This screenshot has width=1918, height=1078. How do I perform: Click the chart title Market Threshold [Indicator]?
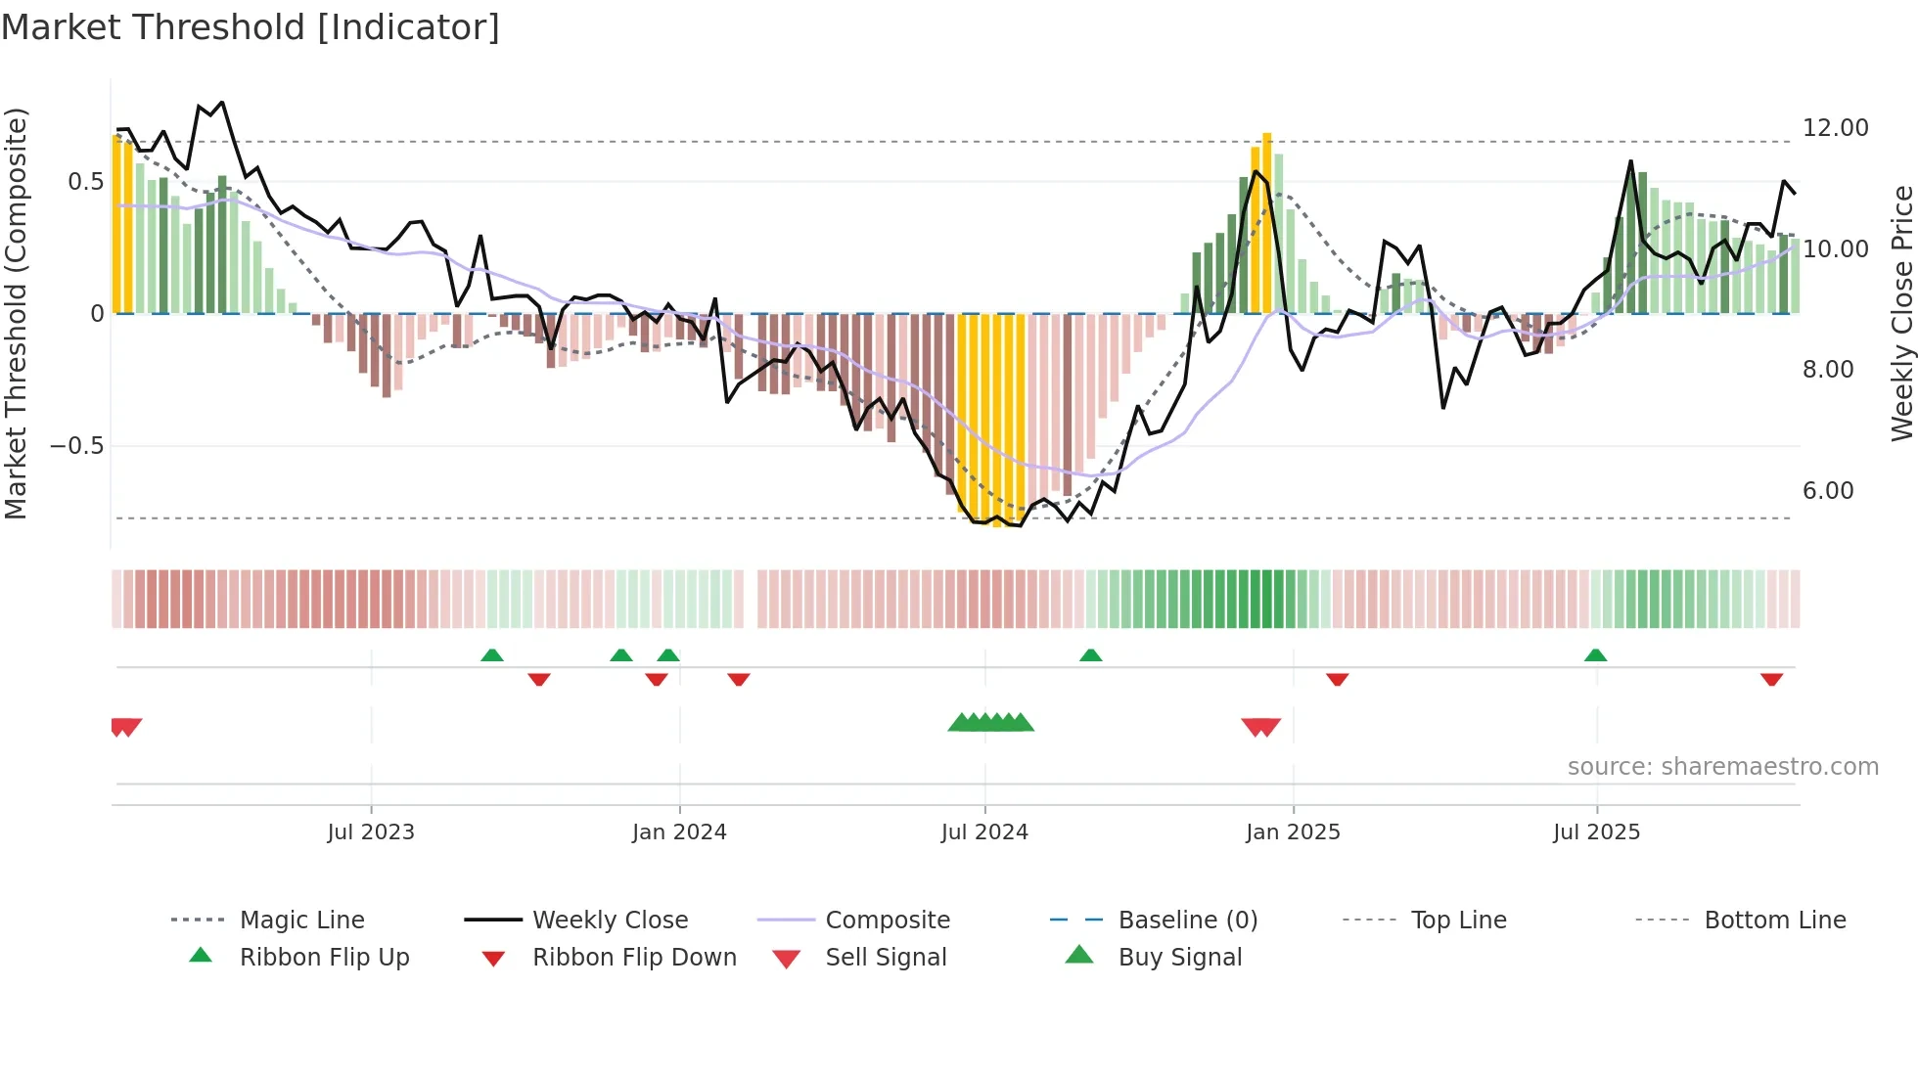pos(251,27)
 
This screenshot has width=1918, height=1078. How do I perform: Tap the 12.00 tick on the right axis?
pos(1835,128)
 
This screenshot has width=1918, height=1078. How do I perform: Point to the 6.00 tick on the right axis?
pos(1827,491)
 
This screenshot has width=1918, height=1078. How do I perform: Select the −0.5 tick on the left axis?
pos(76,446)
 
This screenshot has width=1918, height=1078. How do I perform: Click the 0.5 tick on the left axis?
pos(85,182)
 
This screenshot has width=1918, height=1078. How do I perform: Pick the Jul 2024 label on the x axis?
pos(984,832)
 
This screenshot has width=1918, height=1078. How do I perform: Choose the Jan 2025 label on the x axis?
pos(1293,832)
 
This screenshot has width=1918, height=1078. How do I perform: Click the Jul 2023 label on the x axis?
pos(371,832)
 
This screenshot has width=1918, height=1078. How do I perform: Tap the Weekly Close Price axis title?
pos(1901,313)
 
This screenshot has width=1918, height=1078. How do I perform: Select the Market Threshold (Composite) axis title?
pos(16,313)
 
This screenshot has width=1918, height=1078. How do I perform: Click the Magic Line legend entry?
pos(301,921)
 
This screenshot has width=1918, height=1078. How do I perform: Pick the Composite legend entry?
pos(887,921)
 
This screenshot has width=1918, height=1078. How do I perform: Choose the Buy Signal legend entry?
pos(1179,958)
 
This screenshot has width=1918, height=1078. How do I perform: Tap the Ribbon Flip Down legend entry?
pos(633,958)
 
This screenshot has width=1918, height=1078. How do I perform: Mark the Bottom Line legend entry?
pos(1774,921)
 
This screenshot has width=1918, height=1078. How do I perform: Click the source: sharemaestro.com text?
pos(1722,767)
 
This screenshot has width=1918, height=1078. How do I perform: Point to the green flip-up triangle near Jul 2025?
pos(1595,655)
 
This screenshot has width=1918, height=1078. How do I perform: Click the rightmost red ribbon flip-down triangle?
pos(1771,679)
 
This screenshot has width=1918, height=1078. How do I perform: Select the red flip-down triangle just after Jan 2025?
pos(1337,679)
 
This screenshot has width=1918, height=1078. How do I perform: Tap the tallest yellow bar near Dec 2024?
pos(1266,223)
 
